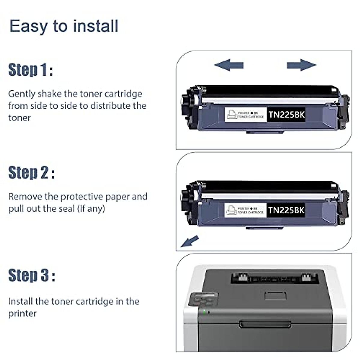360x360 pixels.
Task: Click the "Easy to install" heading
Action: pyautogui.click(x=64, y=26)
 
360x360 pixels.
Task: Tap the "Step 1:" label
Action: pyautogui.click(x=31, y=70)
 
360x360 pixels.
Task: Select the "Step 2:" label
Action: pyautogui.click(x=31, y=172)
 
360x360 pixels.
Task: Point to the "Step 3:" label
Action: pyautogui.click(x=32, y=275)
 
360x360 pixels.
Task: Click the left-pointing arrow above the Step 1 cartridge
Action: pyautogui.click(x=229, y=65)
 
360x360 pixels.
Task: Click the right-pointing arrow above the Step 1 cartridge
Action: pyautogui.click(x=301, y=65)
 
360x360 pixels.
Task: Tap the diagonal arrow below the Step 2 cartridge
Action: pyautogui.click(x=190, y=241)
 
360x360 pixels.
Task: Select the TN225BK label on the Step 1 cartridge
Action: pyautogui.click(x=286, y=115)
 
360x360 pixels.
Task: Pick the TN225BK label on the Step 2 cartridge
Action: pyautogui.click(x=286, y=210)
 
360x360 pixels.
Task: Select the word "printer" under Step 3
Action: pyautogui.click(x=22, y=313)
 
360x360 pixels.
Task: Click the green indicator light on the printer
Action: pyautogui.click(x=205, y=312)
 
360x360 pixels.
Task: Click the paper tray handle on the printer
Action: pyautogui.click(x=265, y=324)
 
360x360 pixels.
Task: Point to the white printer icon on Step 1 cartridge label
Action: pyautogui.click(x=232, y=115)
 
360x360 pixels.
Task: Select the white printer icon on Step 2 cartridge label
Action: pyautogui.click(x=231, y=210)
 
